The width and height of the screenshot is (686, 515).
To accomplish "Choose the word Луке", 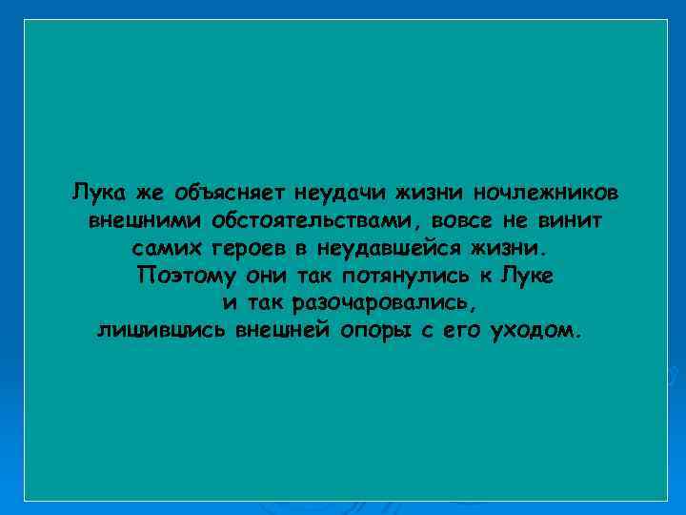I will (530, 276).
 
